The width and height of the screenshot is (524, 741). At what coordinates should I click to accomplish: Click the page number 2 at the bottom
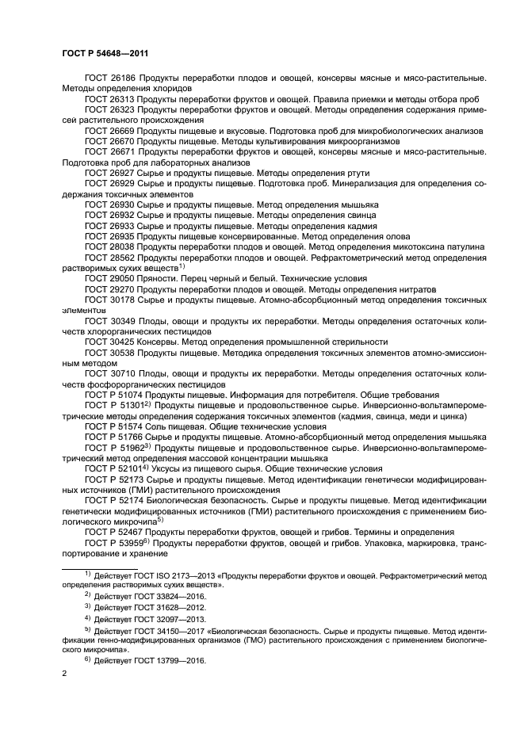point(64,675)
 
